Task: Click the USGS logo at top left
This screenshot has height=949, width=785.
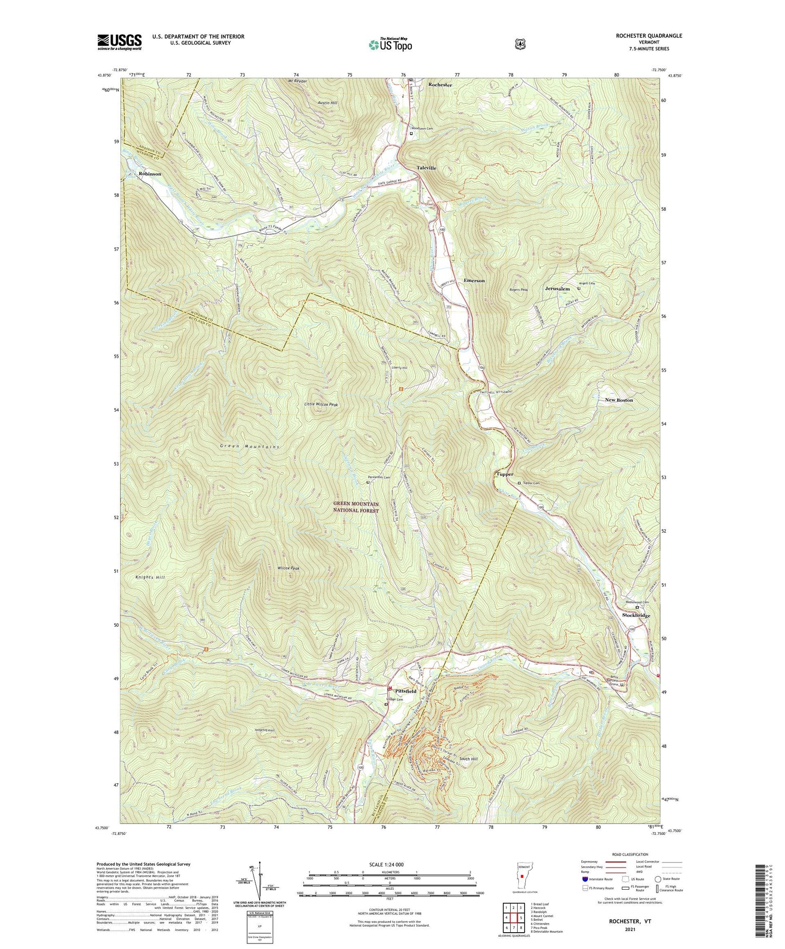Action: click(x=120, y=42)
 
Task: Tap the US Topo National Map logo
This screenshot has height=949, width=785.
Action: click(x=390, y=45)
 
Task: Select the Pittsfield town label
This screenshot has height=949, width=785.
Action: click(x=405, y=691)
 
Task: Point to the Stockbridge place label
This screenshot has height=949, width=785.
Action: click(x=636, y=615)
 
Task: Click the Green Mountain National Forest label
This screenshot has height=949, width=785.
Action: click(x=356, y=508)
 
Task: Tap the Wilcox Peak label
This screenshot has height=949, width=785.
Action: click(x=288, y=568)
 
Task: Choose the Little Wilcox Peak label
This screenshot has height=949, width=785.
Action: click(x=321, y=405)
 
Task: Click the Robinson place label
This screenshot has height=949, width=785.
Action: click(x=149, y=174)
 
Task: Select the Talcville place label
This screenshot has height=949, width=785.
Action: click(x=426, y=168)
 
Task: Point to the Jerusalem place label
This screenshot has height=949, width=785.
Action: click(x=557, y=289)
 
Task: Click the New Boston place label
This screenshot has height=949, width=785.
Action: click(x=619, y=400)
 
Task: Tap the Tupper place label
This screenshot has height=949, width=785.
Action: click(x=505, y=474)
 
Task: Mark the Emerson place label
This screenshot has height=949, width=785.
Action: click(x=474, y=280)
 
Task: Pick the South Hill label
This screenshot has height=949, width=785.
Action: click(x=468, y=759)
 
